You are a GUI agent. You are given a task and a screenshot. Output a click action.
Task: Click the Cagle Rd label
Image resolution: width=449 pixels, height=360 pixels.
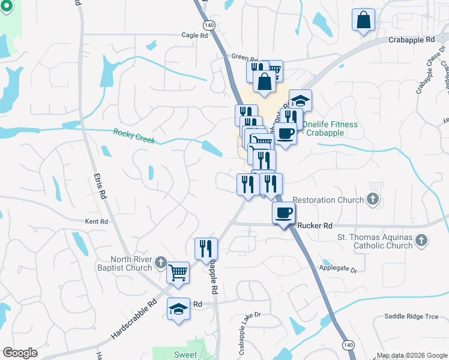coord(194,35)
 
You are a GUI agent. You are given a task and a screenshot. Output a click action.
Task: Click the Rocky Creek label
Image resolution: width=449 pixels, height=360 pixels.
coord(134,136)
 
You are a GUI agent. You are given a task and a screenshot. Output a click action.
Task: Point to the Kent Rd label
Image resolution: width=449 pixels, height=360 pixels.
coord(96,221)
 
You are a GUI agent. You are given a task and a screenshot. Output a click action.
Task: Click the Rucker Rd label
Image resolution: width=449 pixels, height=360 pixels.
coord(315,226)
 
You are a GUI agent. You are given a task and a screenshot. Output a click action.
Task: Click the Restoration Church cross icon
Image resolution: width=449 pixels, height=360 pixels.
coord(373,200)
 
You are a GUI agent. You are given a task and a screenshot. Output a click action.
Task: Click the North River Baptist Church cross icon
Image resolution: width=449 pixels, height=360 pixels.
coord(160,262)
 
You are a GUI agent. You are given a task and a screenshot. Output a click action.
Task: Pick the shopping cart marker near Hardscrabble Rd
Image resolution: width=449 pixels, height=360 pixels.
coord(178,273)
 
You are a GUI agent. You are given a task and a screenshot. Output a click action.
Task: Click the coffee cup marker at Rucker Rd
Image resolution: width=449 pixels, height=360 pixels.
coord(283,212)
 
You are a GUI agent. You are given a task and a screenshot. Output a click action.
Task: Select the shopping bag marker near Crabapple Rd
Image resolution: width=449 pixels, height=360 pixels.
coord(363,20)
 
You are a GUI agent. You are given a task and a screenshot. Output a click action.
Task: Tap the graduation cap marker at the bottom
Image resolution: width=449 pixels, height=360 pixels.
coord(178,309)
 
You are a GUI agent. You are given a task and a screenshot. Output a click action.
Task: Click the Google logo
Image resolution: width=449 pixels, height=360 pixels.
coord(20,353)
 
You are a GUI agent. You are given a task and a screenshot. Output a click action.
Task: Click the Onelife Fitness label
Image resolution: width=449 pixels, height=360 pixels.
coord(330,128)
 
